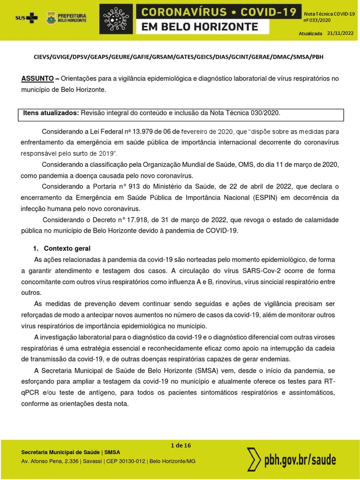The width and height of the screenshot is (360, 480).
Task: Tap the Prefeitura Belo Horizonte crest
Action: click(51, 18)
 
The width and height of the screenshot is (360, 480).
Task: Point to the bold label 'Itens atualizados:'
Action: click(51, 113)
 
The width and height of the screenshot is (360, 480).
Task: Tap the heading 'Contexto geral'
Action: click(67, 248)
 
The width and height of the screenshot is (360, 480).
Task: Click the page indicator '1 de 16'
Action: click(180, 445)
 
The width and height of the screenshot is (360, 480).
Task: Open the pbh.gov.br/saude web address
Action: click(300, 460)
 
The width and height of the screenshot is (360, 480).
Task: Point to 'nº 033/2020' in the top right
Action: click(318, 21)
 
